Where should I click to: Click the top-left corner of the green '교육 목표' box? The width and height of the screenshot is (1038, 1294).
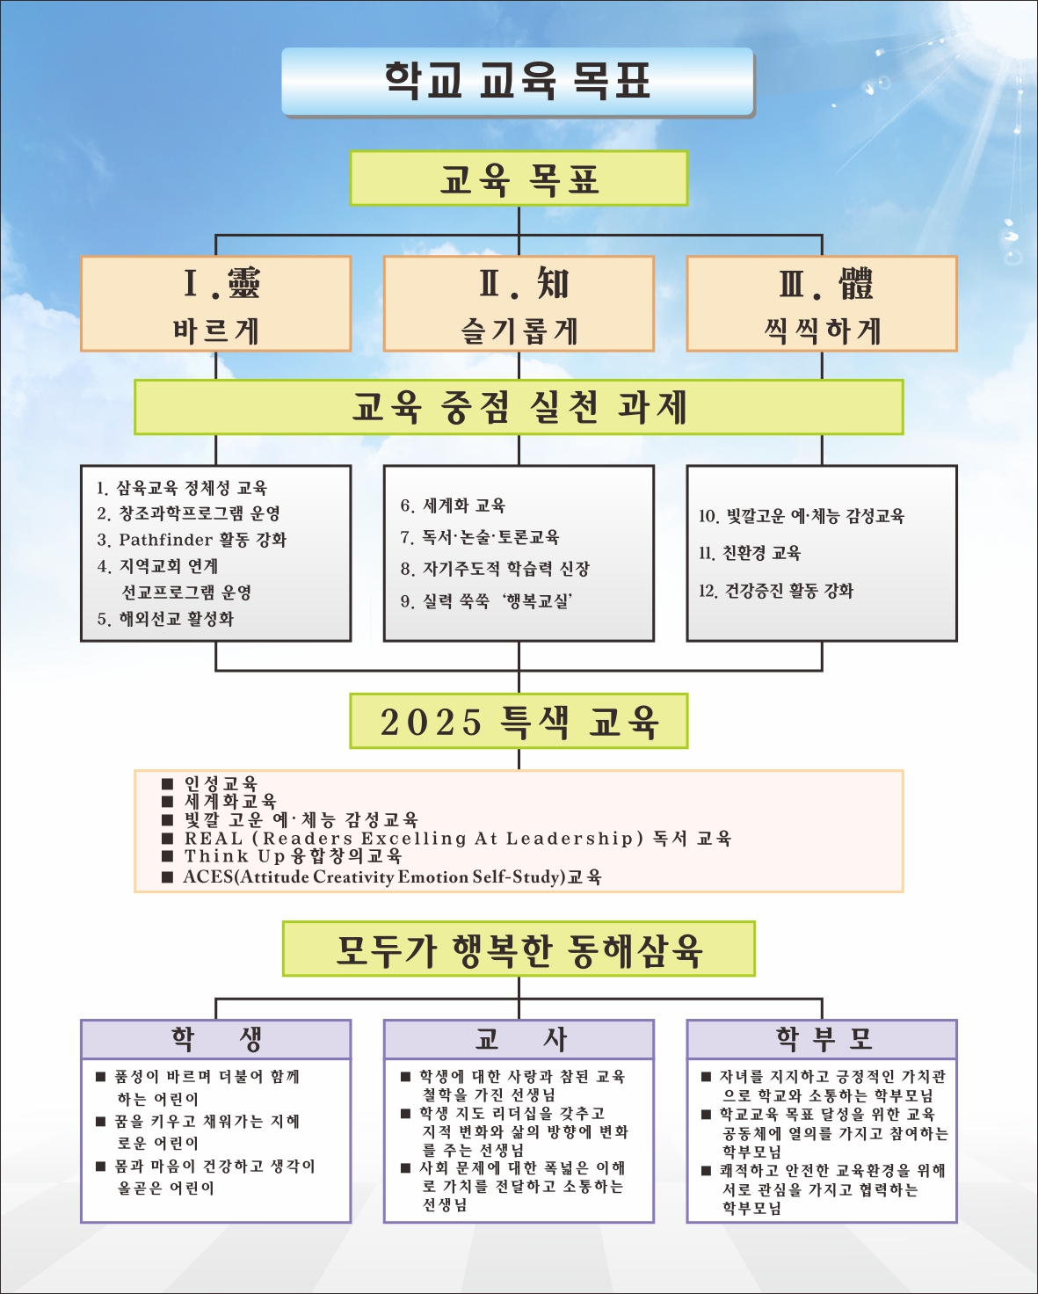pos(351,151)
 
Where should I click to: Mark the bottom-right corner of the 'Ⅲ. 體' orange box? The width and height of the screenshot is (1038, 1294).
pos(957,351)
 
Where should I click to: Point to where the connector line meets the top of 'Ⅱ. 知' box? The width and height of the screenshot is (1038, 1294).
pos(519,256)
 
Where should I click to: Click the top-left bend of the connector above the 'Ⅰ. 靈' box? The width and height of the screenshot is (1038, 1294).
pos(216,235)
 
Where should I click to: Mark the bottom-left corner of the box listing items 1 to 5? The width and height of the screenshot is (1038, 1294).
pos(81,641)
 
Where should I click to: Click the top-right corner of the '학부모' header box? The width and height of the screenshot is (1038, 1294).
pos(957,1020)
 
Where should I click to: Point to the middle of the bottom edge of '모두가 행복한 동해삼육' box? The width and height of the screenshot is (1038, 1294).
pos(519,975)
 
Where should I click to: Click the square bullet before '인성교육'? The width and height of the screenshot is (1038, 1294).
pos(167,783)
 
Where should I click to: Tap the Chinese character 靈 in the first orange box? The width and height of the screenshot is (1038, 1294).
pos(243,283)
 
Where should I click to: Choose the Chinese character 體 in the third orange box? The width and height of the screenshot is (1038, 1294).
pos(856,283)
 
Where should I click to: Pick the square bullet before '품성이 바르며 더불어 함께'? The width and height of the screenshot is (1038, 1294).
pos(101,1076)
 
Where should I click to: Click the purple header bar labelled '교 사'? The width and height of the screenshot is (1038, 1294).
pos(519,1039)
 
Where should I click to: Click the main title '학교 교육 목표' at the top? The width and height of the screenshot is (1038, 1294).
pos(518,80)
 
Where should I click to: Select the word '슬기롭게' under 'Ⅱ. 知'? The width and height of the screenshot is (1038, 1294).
pos(519,331)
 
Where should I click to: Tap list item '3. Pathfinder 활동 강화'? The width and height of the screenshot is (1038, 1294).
pos(192,540)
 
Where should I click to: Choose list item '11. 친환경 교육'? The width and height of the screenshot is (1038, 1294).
pos(750,553)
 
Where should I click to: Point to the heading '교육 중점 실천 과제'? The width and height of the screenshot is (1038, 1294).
pos(519,406)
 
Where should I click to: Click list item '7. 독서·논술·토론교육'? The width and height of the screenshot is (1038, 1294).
pos(480,536)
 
